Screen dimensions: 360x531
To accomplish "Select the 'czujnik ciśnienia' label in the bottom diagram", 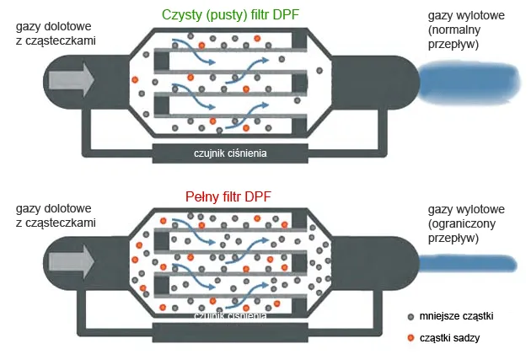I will tap(230, 316).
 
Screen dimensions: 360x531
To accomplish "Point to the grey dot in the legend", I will tap(411, 316).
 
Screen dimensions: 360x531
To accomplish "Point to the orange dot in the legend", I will tap(411, 338).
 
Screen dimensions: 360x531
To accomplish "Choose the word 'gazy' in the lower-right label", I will tap(442, 209).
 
